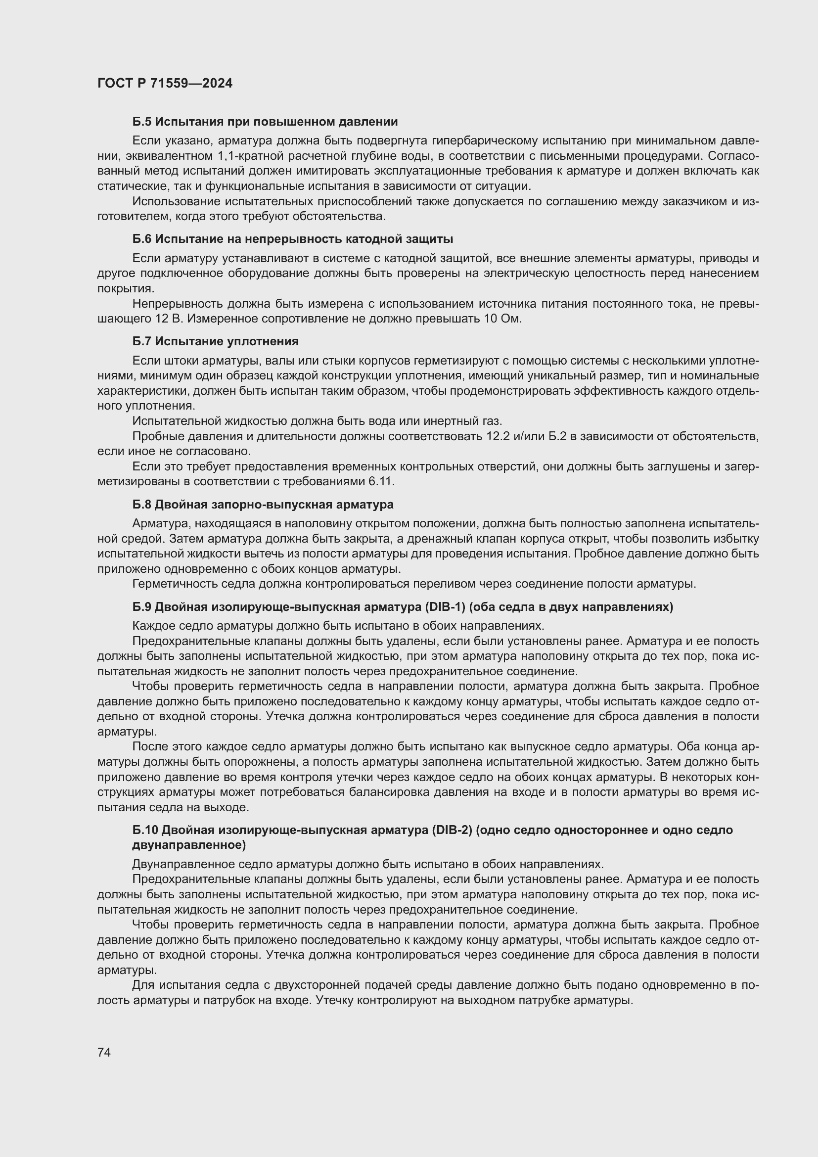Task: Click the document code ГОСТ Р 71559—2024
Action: pos(165,84)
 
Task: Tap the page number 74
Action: pos(104,1052)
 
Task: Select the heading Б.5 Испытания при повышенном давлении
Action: pos(265,122)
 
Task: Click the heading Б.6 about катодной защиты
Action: pos(293,238)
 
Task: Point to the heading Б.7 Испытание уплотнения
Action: pos(216,341)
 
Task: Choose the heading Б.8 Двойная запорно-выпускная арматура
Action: pos(263,505)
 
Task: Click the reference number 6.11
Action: pos(381,481)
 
